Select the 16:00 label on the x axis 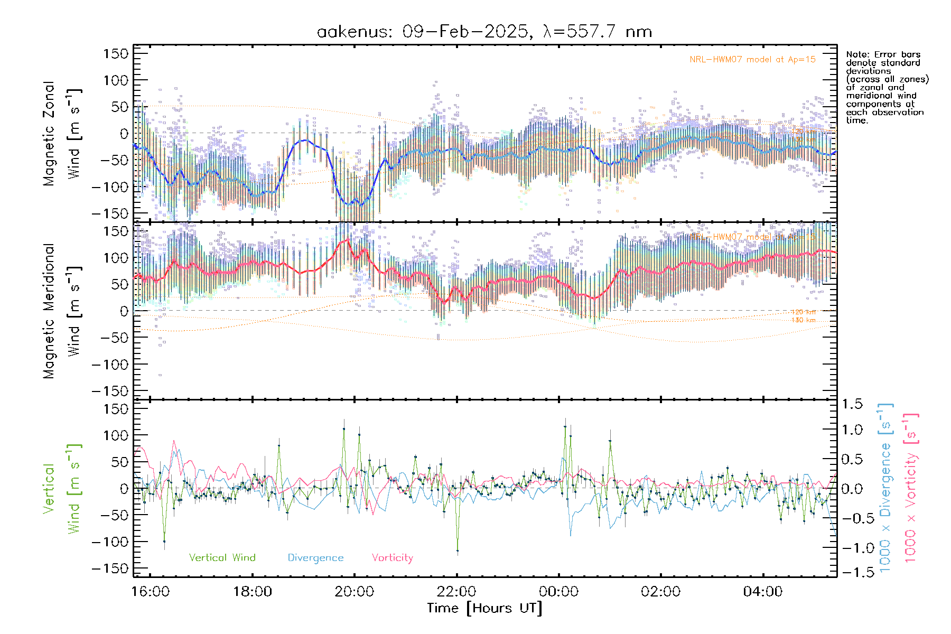pyautogui.click(x=151, y=591)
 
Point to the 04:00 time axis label pyautogui.click(x=762, y=591)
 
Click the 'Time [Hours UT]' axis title pyautogui.click(x=484, y=608)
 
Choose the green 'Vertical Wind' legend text pyautogui.click(x=222, y=557)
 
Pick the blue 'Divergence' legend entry pyautogui.click(x=315, y=557)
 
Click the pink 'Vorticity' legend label pyautogui.click(x=392, y=557)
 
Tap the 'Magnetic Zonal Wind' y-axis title pyautogui.click(x=62, y=134)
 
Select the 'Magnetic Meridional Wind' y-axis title pyautogui.click(x=62, y=311)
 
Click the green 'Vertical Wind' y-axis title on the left pyautogui.click(x=62, y=489)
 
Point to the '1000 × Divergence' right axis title pyautogui.click(x=885, y=488)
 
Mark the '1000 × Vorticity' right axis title pyautogui.click(x=910, y=488)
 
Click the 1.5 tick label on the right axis pyautogui.click(x=852, y=404)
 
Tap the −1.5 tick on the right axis pyautogui.click(x=852, y=572)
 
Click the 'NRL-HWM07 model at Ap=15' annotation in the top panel pyautogui.click(x=752, y=60)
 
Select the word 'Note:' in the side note pyautogui.click(x=857, y=54)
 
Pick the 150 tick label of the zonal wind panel pyautogui.click(x=116, y=54)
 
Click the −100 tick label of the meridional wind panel pyautogui.click(x=110, y=365)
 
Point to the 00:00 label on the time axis pyautogui.click(x=558, y=591)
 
